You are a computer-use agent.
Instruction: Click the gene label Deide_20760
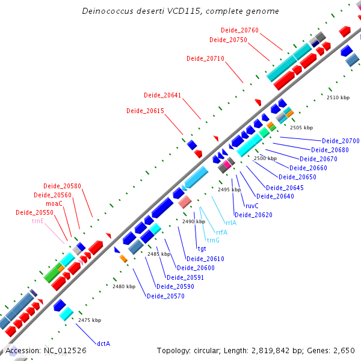pos(239,30)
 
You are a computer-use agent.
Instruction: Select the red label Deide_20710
pos(205,58)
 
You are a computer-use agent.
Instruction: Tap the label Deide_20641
pos(162,95)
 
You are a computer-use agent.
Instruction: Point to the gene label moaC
pos(54,203)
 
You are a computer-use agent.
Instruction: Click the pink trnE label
pos(38,221)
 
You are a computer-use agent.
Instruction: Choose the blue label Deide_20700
pos(341,141)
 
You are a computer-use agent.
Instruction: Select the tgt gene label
pos(202,248)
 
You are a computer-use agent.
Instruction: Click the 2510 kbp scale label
pos(338,97)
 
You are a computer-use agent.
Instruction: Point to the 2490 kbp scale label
pos(193,221)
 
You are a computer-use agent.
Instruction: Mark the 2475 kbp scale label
pos(90,320)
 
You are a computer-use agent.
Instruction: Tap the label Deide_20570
pos(165,295)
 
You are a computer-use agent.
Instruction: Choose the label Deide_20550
pos(34,212)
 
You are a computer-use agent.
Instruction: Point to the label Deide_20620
pos(253,215)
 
